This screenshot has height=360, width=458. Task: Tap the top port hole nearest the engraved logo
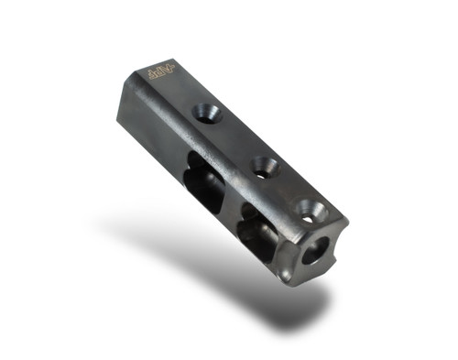206,114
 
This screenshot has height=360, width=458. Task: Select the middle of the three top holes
265,167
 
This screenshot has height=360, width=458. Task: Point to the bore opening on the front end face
315,250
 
